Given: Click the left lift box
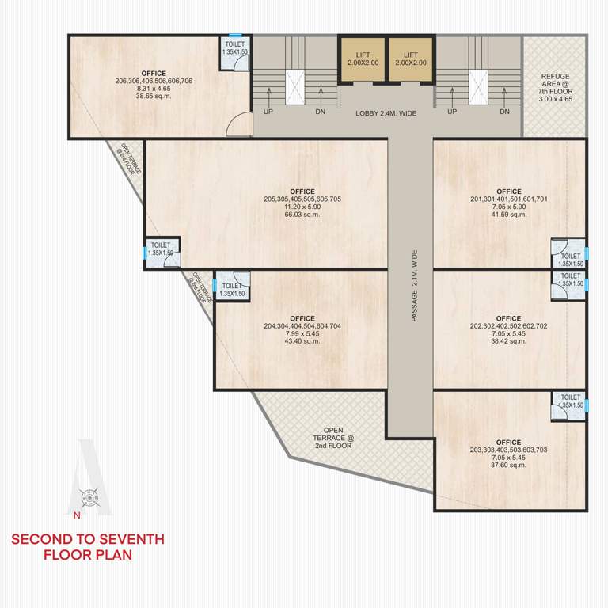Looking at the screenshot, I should coord(363,59).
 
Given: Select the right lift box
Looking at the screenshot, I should coord(411,59).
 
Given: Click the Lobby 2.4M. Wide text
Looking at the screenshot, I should coord(386,113).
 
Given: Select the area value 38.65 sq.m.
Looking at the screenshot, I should coord(154,96).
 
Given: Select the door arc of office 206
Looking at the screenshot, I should coord(236,125).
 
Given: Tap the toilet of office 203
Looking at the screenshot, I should coord(570,405).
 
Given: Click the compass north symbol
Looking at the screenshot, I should coord(91,498).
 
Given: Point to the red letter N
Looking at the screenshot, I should coord(77,516).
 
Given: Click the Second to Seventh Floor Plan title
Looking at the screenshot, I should coord(88,547).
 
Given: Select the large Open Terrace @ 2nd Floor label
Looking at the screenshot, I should coord(332,439).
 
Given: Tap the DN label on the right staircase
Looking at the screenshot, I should coord(505,112).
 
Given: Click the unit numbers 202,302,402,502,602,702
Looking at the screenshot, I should coord(508,325).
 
